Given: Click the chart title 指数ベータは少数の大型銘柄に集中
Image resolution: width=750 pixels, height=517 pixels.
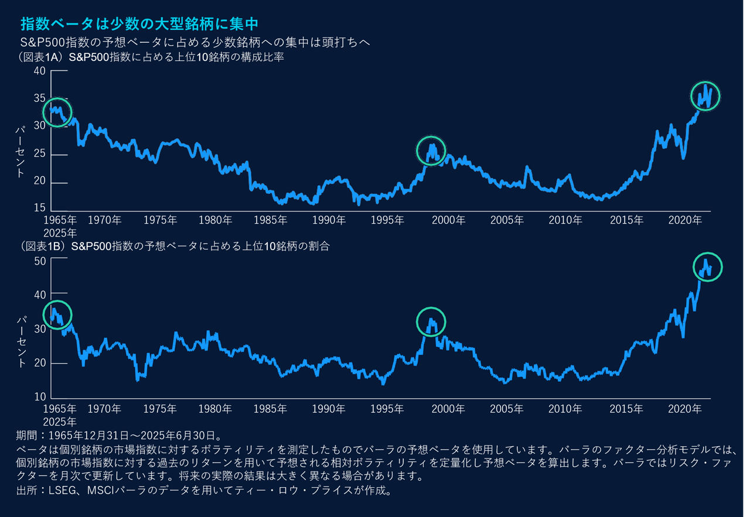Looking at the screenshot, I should click(138, 23).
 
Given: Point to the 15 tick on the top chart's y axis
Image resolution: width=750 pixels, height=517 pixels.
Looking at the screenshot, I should click(39, 208).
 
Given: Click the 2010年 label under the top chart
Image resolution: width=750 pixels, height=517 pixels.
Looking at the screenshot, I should click(565, 221).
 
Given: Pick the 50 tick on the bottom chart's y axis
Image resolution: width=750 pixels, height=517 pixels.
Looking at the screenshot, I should click(39, 261).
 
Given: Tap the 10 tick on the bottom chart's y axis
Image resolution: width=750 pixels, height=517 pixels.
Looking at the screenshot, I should click(39, 398).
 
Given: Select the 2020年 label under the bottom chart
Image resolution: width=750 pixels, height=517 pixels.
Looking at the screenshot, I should click(684, 409).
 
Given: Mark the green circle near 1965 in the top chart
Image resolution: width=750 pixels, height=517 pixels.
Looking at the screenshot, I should click(56, 112).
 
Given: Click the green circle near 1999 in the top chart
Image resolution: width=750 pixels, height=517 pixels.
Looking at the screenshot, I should click(431, 150).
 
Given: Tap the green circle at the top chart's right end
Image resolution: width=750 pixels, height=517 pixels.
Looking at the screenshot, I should click(705, 96).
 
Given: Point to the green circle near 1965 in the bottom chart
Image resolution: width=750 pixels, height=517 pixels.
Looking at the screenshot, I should click(56, 314).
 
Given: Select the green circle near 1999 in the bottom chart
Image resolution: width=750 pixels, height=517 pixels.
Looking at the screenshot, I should click(431, 321).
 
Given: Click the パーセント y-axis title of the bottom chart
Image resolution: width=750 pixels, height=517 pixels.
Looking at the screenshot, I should click(22, 343).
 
